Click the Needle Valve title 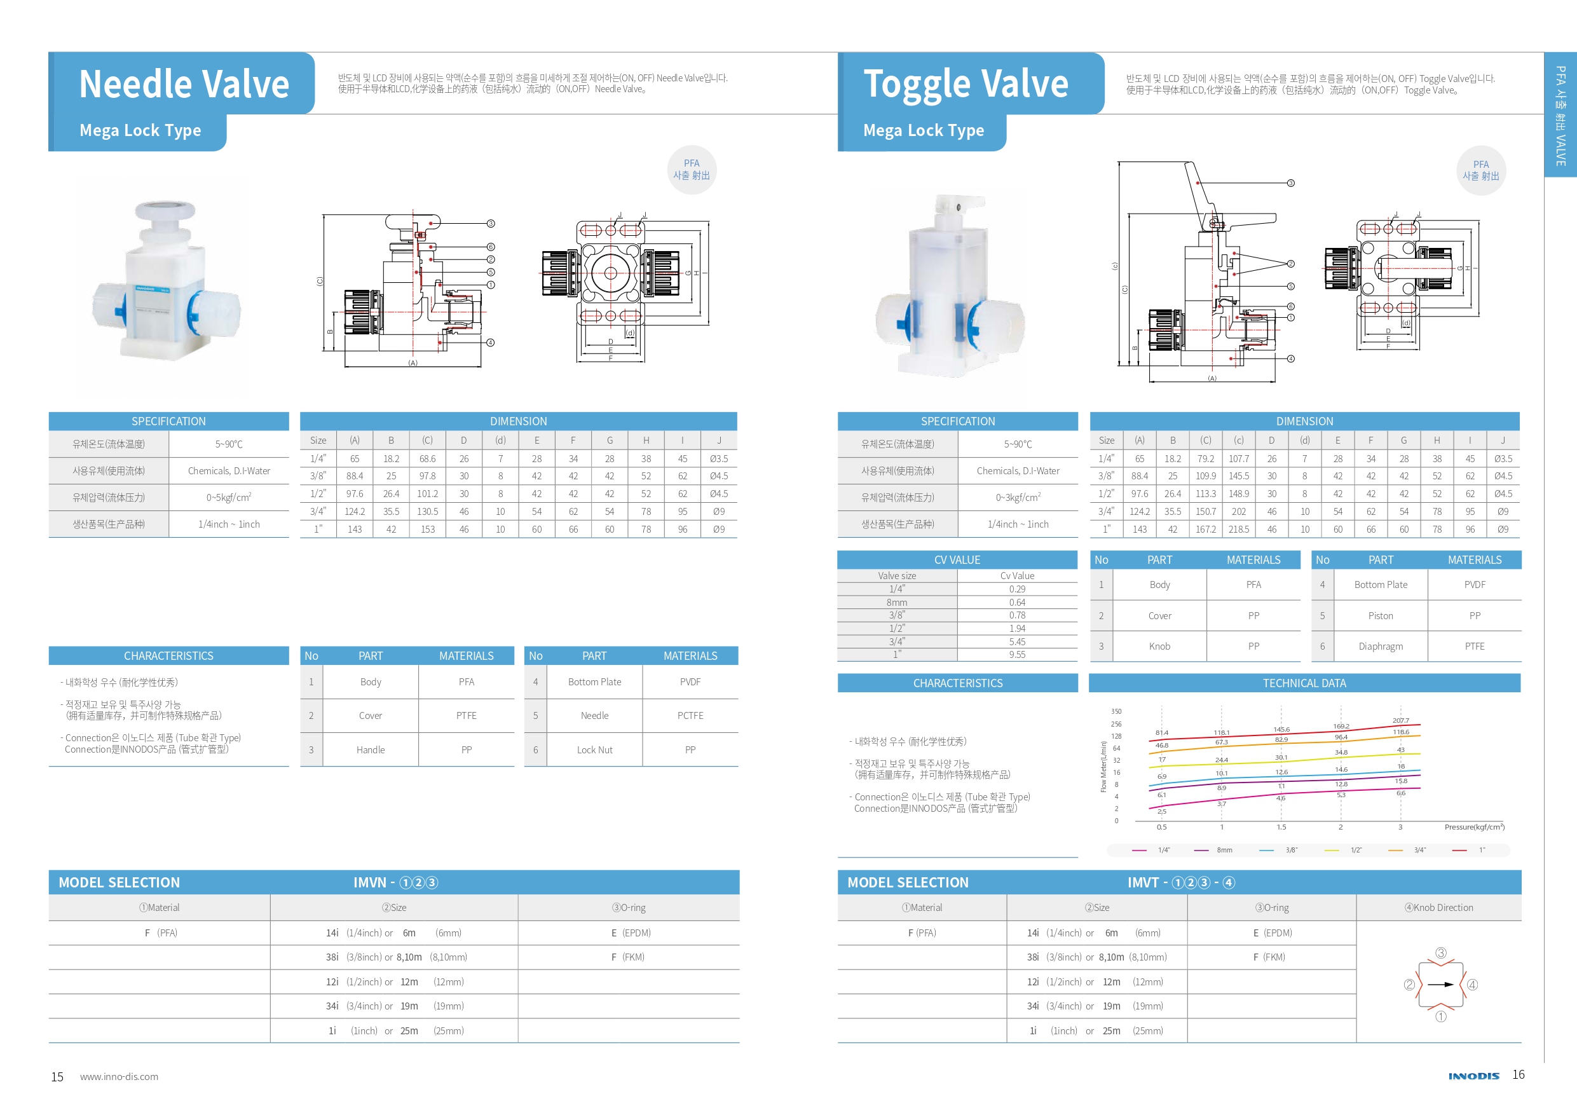(x=184, y=84)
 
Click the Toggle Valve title (x=966, y=84)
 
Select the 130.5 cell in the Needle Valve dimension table (x=427, y=512)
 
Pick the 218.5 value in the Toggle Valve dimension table (x=1238, y=530)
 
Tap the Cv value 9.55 (x=1017, y=655)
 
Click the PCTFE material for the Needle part (x=690, y=716)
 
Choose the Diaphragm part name (x=1381, y=646)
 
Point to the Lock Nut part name (x=595, y=750)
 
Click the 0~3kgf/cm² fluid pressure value (x=1018, y=497)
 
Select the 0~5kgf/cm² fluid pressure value (x=229, y=497)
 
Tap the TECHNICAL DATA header (x=1304, y=683)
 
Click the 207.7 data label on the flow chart (x=1400, y=721)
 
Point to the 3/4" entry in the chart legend (x=1419, y=851)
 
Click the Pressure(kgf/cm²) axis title (x=1474, y=827)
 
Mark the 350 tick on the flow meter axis (x=1116, y=712)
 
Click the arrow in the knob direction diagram (x=1441, y=985)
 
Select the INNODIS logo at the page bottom (x=1473, y=1076)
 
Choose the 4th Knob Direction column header (x=1439, y=908)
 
